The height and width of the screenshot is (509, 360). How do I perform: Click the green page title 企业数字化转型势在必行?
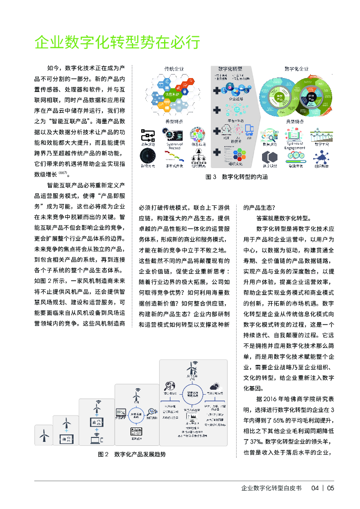(117, 43)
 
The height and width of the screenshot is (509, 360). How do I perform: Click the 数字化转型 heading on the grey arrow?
(230, 68)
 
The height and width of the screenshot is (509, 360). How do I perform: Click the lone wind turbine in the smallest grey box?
(44, 435)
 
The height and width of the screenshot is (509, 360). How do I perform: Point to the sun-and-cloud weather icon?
(215, 386)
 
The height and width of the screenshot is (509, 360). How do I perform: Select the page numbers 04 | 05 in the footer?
(323, 488)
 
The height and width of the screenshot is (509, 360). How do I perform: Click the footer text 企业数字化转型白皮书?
(271, 488)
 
